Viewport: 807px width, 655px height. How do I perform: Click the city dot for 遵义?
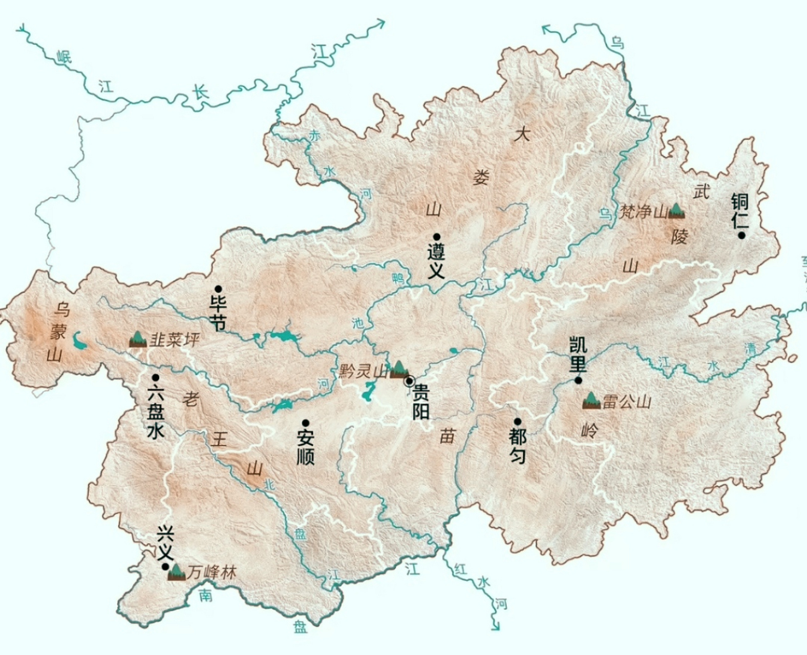pyautogui.click(x=436, y=236)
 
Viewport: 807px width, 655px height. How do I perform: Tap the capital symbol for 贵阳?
pyautogui.click(x=409, y=381)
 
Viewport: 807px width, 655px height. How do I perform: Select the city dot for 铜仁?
pyautogui.click(x=741, y=235)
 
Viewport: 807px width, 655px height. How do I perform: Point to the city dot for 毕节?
pyautogui.click(x=218, y=289)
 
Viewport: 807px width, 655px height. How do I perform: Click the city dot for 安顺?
pyautogui.click(x=306, y=423)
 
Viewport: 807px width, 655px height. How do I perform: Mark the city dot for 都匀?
pyautogui.click(x=518, y=422)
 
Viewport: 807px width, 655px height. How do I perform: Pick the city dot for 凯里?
pyautogui.click(x=578, y=380)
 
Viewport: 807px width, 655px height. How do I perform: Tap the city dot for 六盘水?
pyautogui.click(x=156, y=378)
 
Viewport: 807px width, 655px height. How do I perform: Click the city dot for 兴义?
pyautogui.click(x=165, y=567)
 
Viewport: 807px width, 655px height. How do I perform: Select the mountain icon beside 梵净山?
pyautogui.click(x=676, y=210)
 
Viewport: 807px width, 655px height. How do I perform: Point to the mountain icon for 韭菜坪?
pyautogui.click(x=138, y=339)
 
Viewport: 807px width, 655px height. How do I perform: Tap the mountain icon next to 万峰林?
pyautogui.click(x=177, y=572)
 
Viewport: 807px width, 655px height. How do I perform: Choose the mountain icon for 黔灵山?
pyautogui.click(x=398, y=368)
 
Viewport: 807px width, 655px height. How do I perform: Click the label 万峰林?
pyautogui.click(x=211, y=572)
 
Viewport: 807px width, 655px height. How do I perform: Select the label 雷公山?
pyautogui.click(x=626, y=401)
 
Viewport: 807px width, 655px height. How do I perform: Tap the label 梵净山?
pyautogui.click(x=643, y=211)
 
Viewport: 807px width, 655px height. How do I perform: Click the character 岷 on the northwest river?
pyautogui.click(x=64, y=56)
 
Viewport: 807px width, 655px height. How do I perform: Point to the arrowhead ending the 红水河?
pyautogui.click(x=495, y=626)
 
